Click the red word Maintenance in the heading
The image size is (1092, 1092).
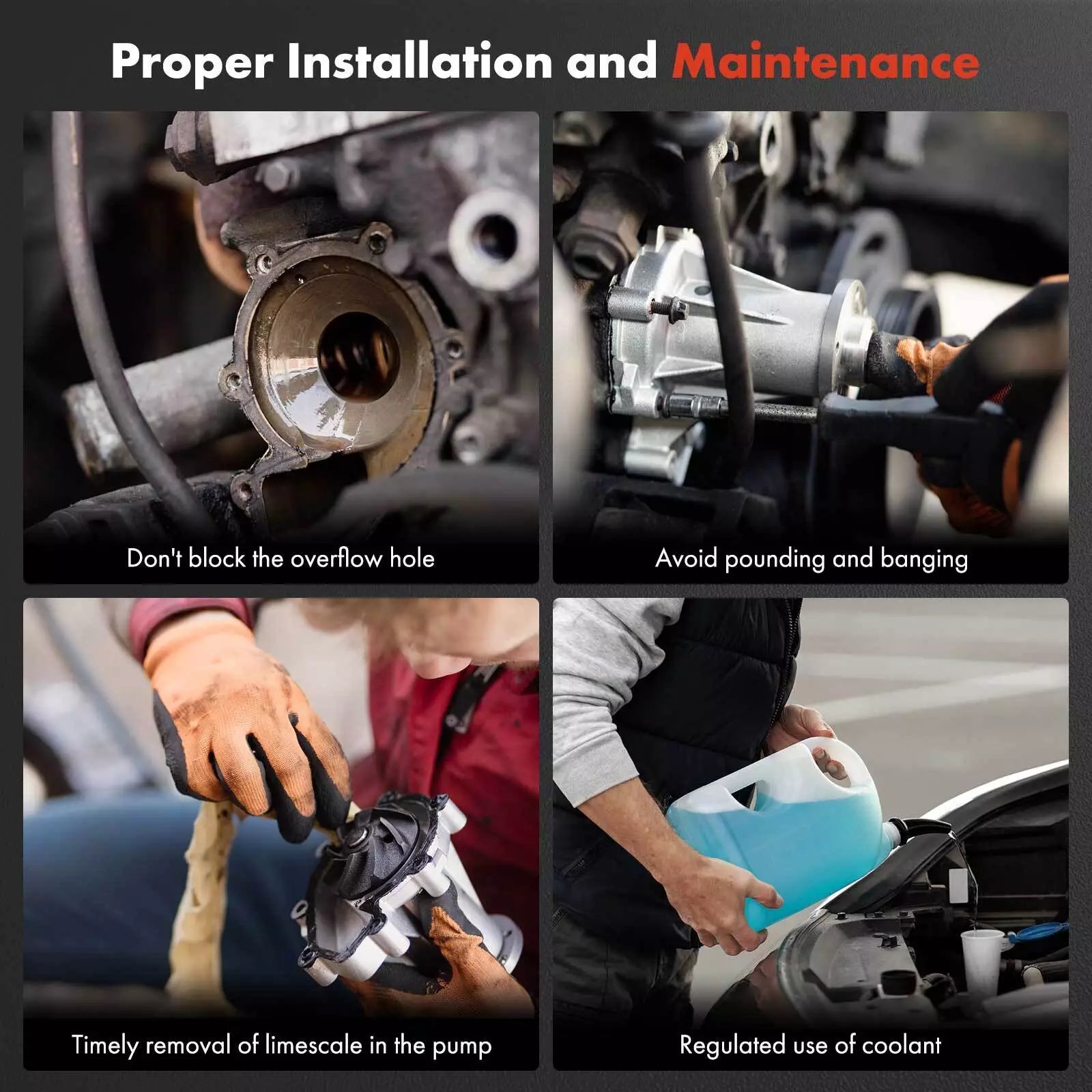coord(826,62)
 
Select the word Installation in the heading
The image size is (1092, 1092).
coord(419,61)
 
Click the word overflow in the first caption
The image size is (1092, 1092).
coord(335,558)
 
